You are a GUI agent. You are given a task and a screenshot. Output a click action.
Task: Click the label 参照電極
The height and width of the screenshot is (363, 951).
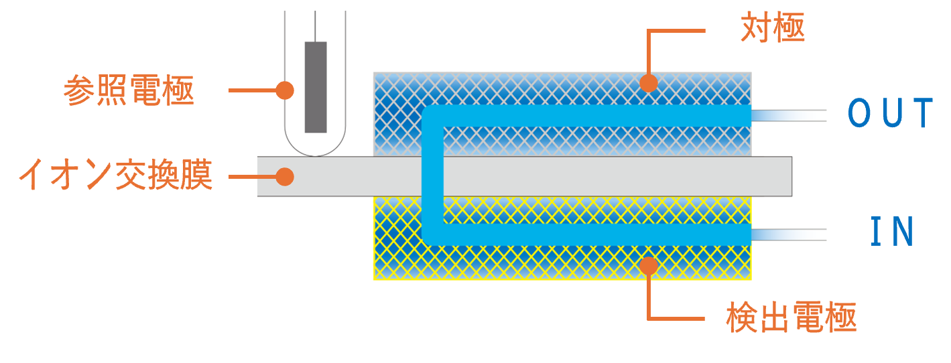129,90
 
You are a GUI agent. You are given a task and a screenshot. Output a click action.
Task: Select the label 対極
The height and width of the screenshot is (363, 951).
772,28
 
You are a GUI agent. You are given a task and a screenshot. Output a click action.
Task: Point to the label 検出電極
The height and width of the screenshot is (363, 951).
791,318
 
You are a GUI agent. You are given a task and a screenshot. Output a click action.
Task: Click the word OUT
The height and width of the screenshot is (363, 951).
891,114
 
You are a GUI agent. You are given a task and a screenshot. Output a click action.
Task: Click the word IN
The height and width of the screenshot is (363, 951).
892,232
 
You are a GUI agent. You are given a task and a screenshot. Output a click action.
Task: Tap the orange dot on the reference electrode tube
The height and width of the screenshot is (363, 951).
285,90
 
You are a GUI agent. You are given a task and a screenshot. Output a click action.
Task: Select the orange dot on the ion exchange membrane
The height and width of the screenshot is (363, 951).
285,177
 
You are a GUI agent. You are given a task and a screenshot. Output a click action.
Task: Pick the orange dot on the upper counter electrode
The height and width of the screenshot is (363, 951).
648,83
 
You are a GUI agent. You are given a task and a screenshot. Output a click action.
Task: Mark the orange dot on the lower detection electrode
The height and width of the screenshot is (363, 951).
648,265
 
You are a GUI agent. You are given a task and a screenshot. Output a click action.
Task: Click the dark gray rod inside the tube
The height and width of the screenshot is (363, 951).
316,87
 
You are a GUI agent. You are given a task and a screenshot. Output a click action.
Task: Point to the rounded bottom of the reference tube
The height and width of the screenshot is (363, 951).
316,149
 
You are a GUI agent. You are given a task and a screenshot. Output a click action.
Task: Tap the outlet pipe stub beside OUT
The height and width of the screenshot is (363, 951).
788,115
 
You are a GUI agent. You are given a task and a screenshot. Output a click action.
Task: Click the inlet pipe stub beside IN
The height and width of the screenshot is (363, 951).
788,234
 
